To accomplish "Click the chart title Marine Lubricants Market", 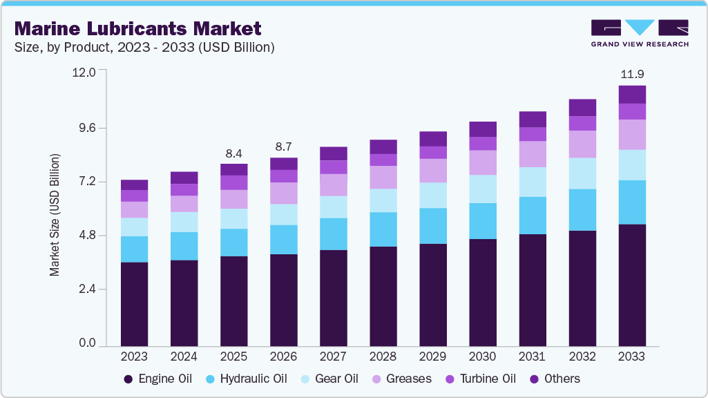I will point(137,28).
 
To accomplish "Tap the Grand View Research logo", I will point(639,32).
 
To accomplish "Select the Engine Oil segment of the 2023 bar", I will point(134,303).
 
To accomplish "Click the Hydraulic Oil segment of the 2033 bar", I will point(632,202).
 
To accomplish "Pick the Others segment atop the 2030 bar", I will point(483,129).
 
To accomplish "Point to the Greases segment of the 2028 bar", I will point(383,177).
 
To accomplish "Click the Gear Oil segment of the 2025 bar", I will point(233,218).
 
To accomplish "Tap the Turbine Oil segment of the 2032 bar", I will point(582,123).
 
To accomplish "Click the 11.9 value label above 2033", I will point(632,74).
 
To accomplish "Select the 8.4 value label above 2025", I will point(233,153).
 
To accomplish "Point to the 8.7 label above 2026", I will point(283,146).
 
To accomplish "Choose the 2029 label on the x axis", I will point(433,357).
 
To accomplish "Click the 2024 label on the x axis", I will point(184,357).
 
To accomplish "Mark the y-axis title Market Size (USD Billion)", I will point(55,215).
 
